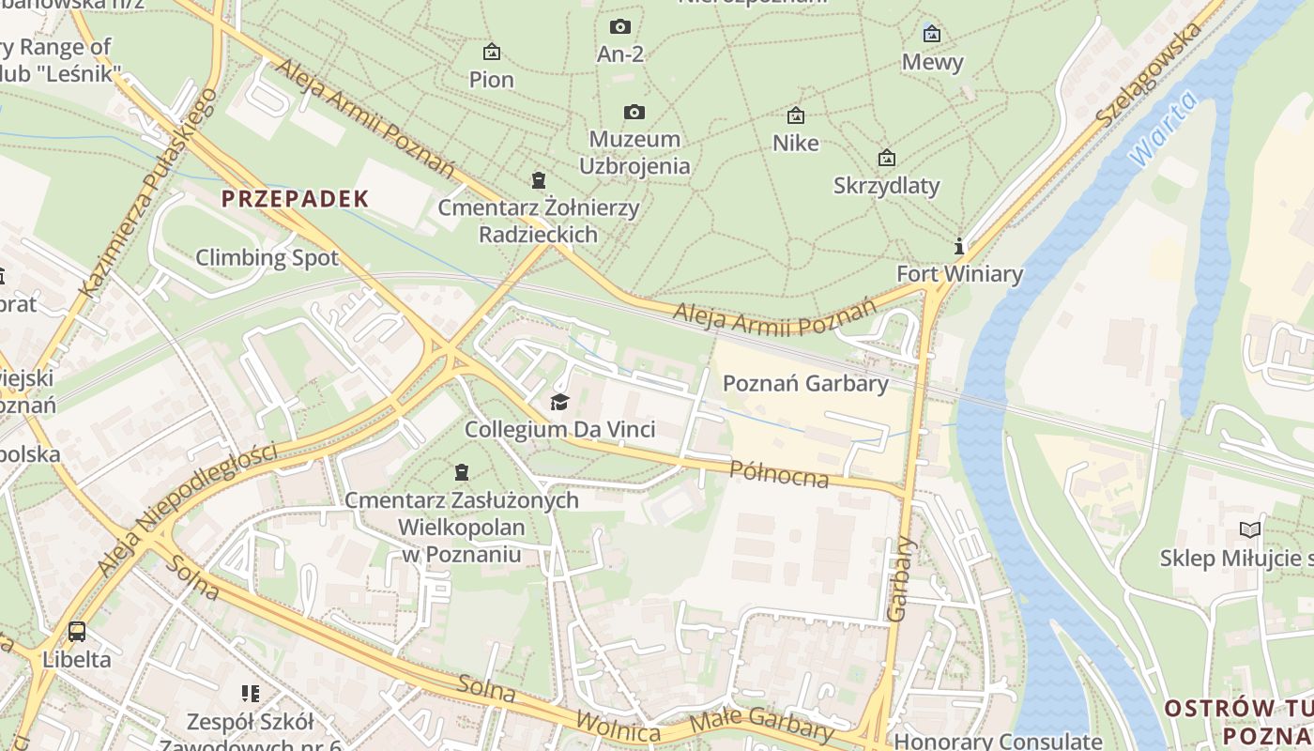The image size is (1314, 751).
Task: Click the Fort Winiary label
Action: [959, 274]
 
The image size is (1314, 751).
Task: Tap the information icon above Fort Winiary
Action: [959, 247]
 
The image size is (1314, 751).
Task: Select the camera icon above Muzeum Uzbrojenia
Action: [634, 113]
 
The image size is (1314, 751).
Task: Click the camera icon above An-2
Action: [620, 27]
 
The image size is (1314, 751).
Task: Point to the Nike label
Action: [796, 143]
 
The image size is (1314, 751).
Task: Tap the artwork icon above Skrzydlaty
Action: [886, 158]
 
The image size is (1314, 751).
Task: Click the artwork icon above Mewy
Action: [932, 35]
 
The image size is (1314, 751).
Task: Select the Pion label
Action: [492, 80]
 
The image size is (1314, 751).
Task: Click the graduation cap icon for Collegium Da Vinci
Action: [560, 403]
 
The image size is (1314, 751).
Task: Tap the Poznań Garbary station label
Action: [805, 383]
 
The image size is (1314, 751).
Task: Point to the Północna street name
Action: [779, 474]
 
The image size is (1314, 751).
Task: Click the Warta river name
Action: [1164, 130]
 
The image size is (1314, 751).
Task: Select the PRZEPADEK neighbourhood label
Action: [296, 199]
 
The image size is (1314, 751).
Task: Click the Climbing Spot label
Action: [267, 257]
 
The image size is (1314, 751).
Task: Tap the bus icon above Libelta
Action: [77, 632]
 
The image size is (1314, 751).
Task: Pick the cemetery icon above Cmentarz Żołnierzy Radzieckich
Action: [539, 180]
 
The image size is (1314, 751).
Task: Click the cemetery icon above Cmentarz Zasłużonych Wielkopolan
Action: [462, 472]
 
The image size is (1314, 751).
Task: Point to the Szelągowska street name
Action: [1149, 75]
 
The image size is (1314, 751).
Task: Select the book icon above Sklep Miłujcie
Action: [1250, 530]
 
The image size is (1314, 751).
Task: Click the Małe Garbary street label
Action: [761, 726]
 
